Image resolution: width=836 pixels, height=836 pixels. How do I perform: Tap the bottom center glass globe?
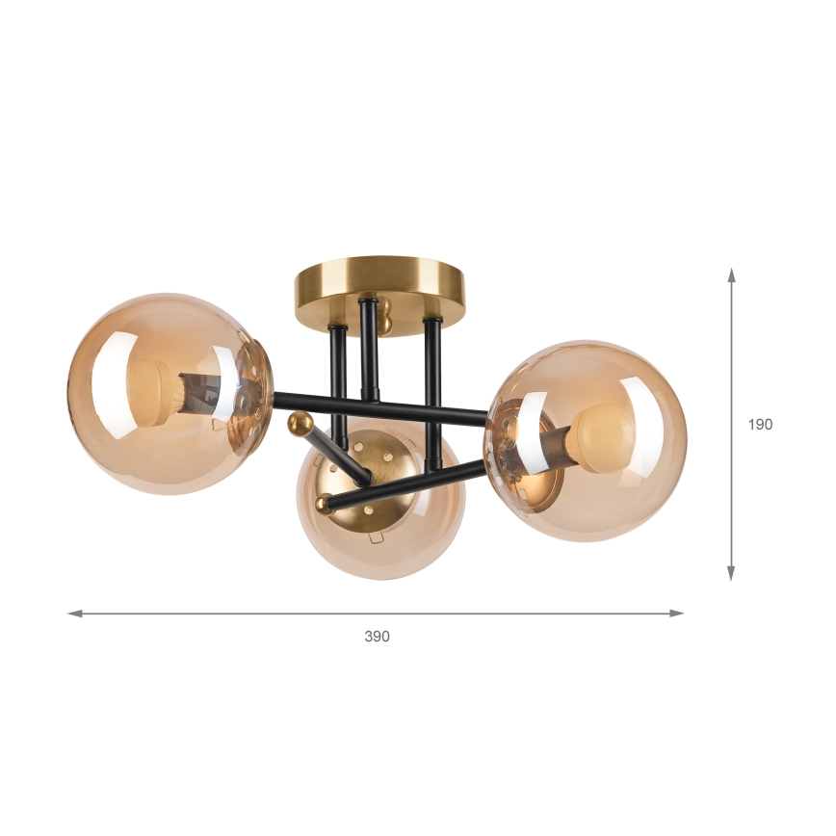click(x=380, y=539)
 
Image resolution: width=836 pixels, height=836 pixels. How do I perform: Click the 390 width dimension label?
click(x=377, y=637)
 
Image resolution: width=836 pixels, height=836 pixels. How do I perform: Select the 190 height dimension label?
click(x=760, y=424)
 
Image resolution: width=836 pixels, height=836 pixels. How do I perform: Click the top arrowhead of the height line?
click(x=732, y=275)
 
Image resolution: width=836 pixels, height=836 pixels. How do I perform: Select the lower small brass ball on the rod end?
click(x=325, y=503)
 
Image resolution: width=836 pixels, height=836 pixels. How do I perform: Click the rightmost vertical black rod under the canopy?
click(x=432, y=385)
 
